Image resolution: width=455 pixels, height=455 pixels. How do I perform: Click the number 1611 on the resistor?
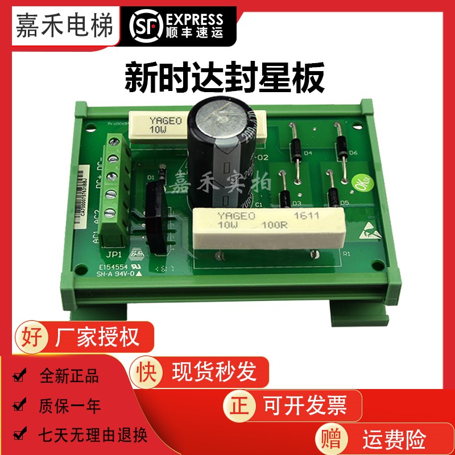[305, 216]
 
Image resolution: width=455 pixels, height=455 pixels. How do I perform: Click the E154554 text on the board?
[114, 266]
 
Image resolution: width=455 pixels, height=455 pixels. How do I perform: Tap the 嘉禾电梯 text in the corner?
[56, 26]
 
